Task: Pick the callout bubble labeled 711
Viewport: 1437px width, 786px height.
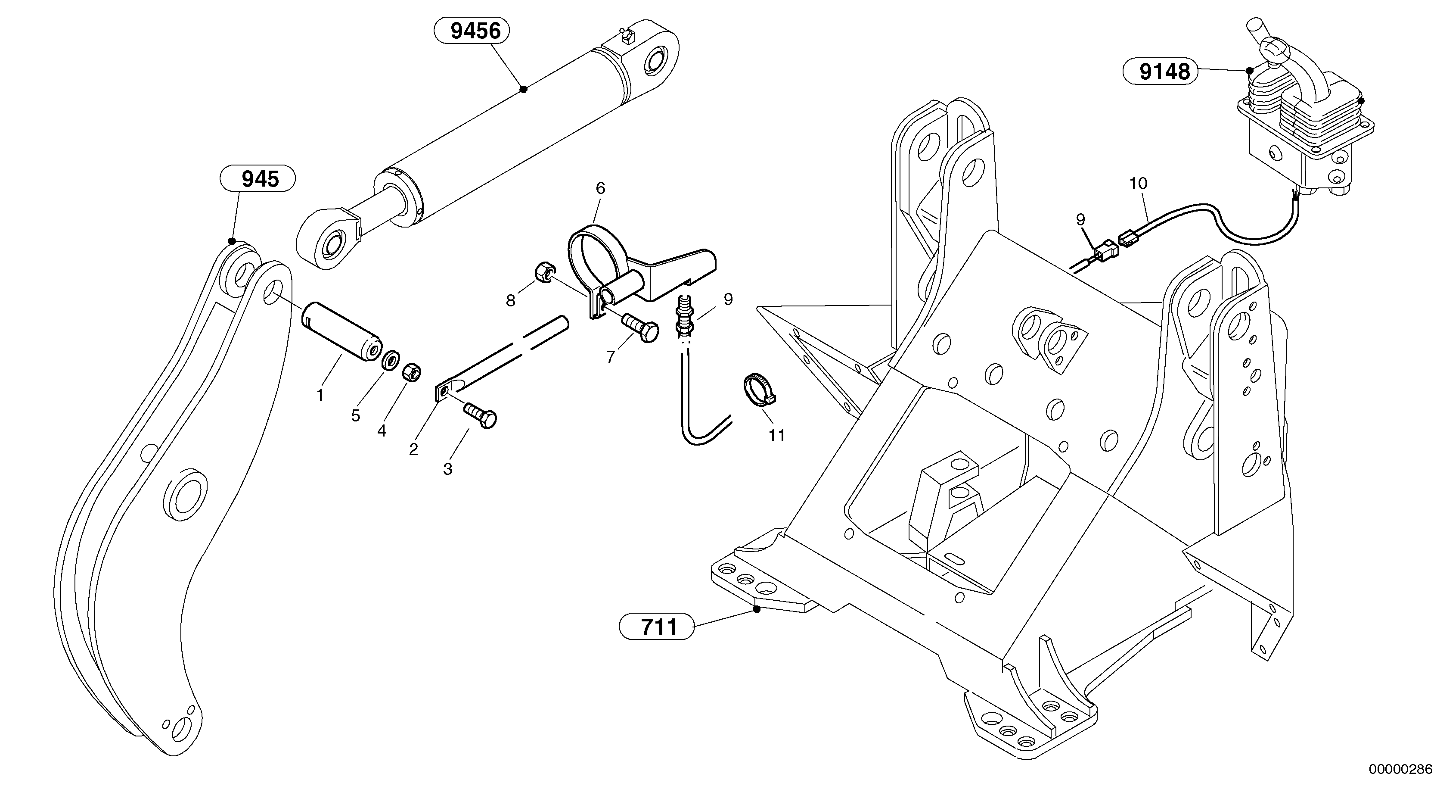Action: tap(657, 627)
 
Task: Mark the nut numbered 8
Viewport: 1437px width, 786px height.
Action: tap(543, 272)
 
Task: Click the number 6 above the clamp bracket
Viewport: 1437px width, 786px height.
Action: tap(600, 188)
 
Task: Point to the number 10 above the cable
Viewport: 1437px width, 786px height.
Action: tap(1139, 183)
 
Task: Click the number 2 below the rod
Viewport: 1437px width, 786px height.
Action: tap(413, 449)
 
